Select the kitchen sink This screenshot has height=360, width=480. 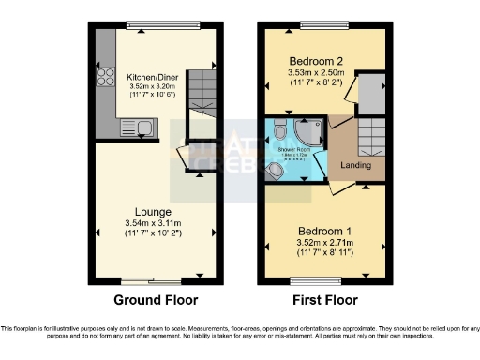(x=141, y=127)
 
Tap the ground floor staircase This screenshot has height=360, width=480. (x=200, y=90)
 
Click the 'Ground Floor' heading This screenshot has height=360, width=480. (x=152, y=301)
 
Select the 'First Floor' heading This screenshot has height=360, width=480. (x=322, y=301)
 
